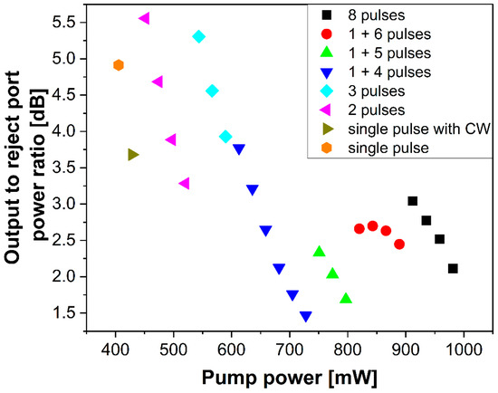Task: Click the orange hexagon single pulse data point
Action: coord(119,65)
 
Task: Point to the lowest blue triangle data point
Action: coord(305,316)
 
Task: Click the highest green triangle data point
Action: coord(319,252)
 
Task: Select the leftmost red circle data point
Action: coord(359,228)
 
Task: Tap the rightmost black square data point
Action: coord(453,268)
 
